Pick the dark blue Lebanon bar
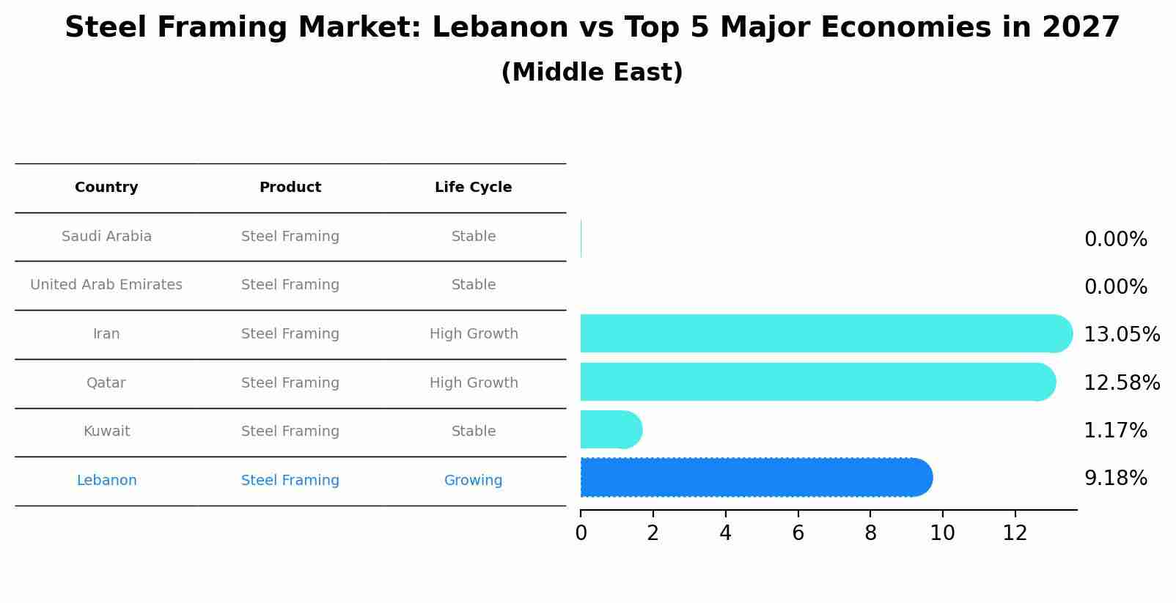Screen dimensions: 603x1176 coord(755,478)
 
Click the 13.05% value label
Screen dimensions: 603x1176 coord(1121,335)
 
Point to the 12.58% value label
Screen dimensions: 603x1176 coord(1121,383)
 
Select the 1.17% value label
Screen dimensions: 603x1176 coord(1115,431)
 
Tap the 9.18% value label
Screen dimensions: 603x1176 coord(1115,478)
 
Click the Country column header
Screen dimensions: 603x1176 coord(106,188)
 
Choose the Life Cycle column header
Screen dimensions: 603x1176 coord(473,188)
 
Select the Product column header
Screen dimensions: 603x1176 coord(290,188)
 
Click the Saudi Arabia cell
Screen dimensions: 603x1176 coord(106,237)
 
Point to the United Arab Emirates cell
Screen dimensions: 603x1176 coord(106,285)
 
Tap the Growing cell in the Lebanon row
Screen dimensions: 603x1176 coord(473,481)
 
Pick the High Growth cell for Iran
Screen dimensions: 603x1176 coord(474,334)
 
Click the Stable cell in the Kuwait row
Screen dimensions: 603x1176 coord(474,432)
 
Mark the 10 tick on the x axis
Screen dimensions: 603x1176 coord(942,533)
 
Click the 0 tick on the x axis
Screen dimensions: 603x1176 coord(581,533)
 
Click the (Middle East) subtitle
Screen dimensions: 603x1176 coord(592,73)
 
